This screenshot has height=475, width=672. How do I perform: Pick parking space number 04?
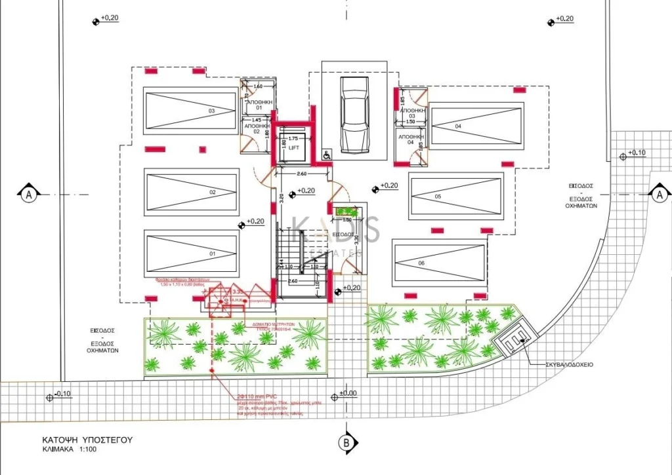pos(476,124)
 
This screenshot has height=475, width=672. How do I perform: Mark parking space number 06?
pos(438,262)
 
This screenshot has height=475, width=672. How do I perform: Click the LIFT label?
pos(293,148)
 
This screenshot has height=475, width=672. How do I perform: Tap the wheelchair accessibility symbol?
pos(326,155)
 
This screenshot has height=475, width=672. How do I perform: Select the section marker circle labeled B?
pos(346,443)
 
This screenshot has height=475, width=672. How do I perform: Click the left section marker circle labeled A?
pos(28,195)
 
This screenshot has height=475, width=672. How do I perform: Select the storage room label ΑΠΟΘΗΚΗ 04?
pos(410,139)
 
